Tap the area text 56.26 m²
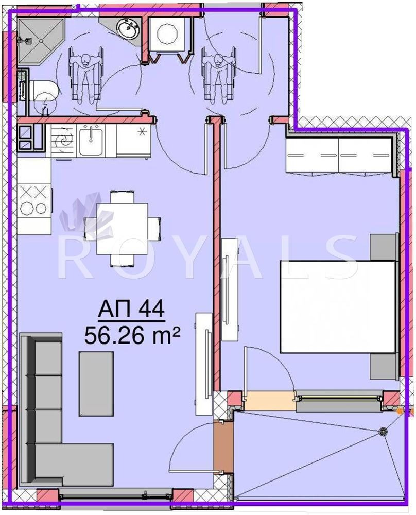tap(132, 335)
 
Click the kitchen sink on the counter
tap(91, 140)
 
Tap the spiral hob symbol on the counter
tap(63, 141)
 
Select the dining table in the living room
tap(122, 229)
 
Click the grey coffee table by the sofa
tap(96, 383)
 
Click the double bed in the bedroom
tap(338, 306)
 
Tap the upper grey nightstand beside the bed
tap(383, 247)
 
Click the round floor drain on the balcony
tap(383, 432)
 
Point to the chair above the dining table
tap(122, 197)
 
